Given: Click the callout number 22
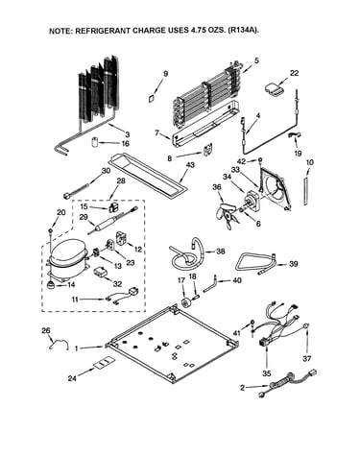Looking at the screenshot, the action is pos(294,73).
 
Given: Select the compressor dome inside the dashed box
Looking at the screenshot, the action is pos(68,252).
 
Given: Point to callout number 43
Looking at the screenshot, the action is pos(190,165).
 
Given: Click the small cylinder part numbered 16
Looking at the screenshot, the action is pos(96,142).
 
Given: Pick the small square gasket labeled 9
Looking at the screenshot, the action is pos(151,98).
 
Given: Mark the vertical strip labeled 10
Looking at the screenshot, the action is pos(307,191).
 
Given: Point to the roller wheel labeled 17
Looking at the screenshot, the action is pos(185,301).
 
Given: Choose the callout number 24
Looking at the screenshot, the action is pos(72,378).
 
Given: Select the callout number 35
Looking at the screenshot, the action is pos(267,373).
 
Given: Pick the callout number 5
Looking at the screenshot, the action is pos(256,60).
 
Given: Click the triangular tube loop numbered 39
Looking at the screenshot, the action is pos(256,262).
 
